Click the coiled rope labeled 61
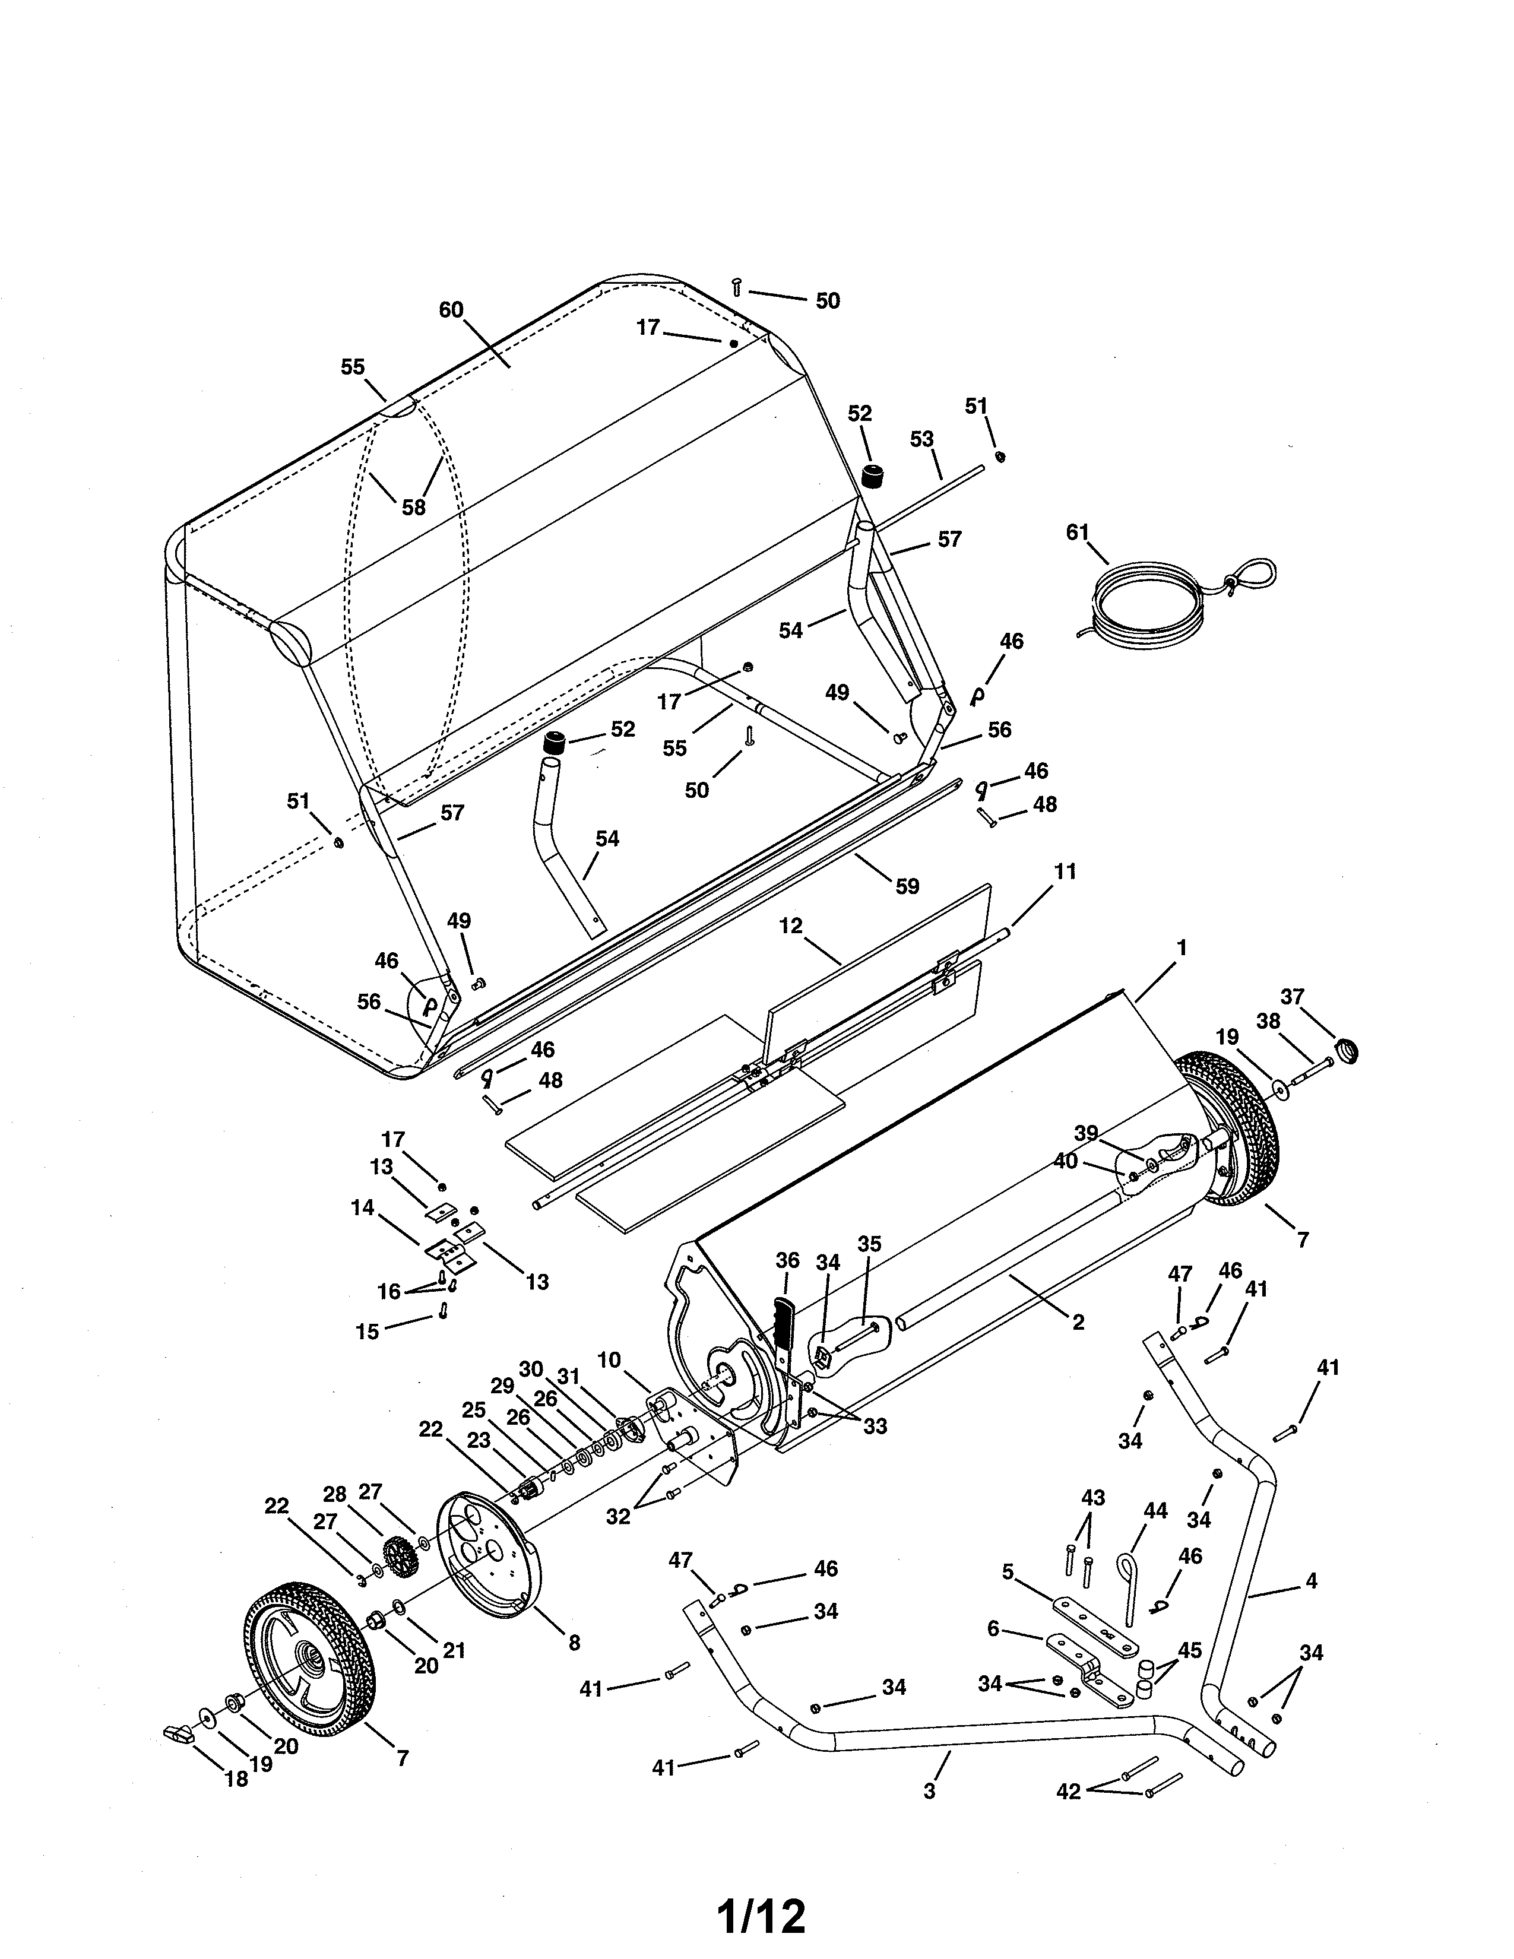tap(1157, 599)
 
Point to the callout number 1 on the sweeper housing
tap(1182, 947)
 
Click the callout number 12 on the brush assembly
tap(790, 925)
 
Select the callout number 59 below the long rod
tap(907, 886)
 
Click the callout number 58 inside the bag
tap(413, 507)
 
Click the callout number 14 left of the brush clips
tap(362, 1207)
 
